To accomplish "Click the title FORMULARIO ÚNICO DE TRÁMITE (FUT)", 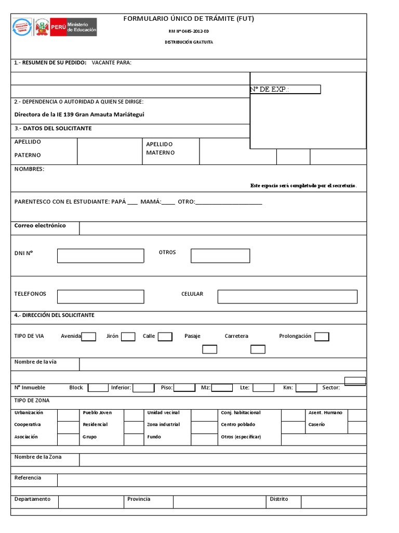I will [x=189, y=19].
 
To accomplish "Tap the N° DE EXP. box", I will [x=285, y=90].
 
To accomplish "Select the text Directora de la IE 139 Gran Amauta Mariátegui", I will [x=79, y=115].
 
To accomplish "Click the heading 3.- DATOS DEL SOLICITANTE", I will [x=53, y=128].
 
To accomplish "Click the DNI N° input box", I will [x=100, y=256].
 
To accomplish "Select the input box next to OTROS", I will [x=220, y=256].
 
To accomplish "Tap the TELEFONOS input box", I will [x=100, y=296].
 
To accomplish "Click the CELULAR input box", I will [x=287, y=296].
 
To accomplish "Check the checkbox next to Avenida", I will [x=89, y=336].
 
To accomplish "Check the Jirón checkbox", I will [x=128, y=336].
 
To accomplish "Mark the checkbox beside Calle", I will [x=165, y=336].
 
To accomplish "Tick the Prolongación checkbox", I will [x=322, y=336].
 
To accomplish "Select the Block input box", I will [x=98, y=387].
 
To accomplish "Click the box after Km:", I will [x=307, y=387].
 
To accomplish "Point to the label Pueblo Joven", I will [x=97, y=412].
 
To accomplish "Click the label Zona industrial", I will [x=164, y=425].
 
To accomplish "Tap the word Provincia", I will [x=139, y=499].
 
